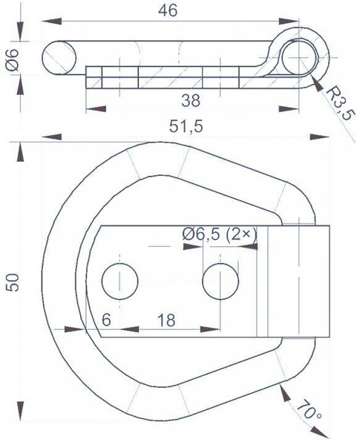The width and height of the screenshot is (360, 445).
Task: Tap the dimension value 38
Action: point(190,99)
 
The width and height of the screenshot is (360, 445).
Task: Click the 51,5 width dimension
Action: point(186,126)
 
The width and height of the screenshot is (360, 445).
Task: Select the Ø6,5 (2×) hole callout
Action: point(219,234)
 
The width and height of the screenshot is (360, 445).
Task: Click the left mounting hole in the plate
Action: point(120,281)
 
